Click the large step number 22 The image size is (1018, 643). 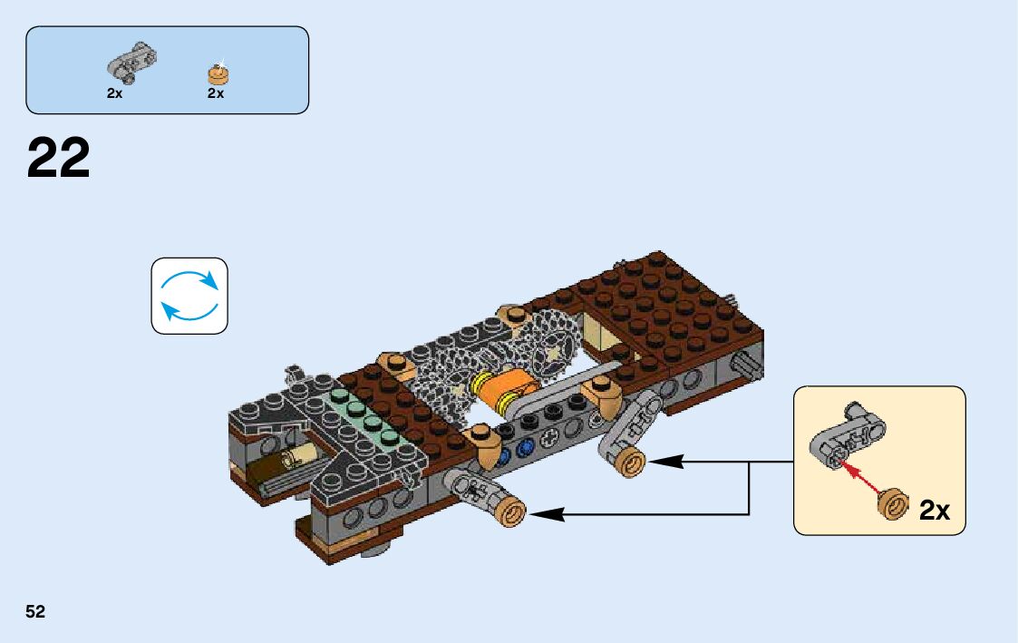(x=59, y=159)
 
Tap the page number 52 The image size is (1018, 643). (x=35, y=612)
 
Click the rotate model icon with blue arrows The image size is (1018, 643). (x=189, y=296)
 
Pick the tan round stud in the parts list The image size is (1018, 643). (x=218, y=73)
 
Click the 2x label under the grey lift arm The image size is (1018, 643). (x=114, y=93)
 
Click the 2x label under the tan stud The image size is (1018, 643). (x=216, y=93)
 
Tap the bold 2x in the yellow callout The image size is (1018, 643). (x=934, y=511)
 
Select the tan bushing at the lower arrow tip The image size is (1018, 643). (x=510, y=513)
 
